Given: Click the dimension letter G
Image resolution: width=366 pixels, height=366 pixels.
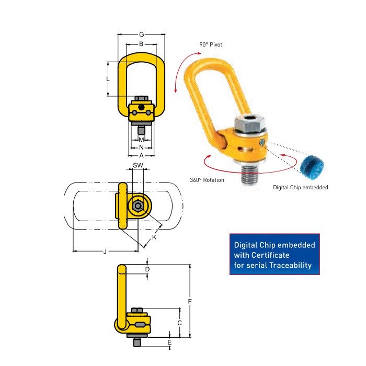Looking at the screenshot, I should click(141, 35).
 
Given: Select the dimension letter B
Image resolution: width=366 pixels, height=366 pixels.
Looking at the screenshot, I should click(141, 44).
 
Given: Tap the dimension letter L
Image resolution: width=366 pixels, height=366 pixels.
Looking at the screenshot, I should click(107, 79).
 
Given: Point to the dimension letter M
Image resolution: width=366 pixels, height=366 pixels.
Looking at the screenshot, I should click(141, 140).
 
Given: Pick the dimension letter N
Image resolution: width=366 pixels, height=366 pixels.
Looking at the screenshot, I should click(141, 147).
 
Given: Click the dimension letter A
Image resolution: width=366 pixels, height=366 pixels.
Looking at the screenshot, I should click(141, 156).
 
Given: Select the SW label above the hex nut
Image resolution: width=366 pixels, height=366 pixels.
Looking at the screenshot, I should click(138, 165).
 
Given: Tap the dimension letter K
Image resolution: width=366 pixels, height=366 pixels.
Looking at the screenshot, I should click(154, 237).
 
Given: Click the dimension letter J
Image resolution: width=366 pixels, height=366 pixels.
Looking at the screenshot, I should click(105, 251).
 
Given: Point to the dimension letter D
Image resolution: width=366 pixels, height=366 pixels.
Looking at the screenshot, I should click(147, 269).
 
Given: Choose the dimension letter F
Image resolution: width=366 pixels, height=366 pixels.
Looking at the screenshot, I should click(190, 301).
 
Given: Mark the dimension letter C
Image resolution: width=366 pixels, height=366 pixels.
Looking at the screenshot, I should click(179, 323).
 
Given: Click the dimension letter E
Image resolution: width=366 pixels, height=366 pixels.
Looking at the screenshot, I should click(169, 342).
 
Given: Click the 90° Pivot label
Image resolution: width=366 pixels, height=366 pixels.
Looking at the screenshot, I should click(211, 44).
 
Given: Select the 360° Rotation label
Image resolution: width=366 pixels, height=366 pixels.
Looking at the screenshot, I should click(207, 180).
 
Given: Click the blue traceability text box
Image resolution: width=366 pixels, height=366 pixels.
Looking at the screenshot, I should click(274, 254).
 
